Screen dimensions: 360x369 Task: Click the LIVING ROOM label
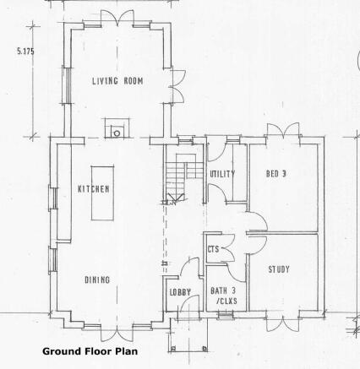(117, 81)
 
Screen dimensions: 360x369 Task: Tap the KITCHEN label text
(94, 189)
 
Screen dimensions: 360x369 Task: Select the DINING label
(97, 279)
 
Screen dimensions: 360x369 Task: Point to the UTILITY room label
(222, 174)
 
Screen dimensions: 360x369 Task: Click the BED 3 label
(276, 174)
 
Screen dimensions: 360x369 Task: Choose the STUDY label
(279, 269)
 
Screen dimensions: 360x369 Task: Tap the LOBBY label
(180, 292)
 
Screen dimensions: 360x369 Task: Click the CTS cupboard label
(213, 249)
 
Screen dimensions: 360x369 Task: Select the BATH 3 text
(223, 290)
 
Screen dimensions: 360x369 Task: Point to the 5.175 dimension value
(25, 52)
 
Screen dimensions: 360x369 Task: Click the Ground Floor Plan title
(90, 351)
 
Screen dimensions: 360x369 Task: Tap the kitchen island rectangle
(102, 193)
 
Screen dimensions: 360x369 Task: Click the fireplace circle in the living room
(117, 133)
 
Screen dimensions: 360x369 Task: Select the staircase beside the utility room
(184, 177)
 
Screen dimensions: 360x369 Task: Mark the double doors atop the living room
(117, 19)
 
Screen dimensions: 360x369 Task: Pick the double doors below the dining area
(117, 334)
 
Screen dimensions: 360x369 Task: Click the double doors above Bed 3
(283, 130)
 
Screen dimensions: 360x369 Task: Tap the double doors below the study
(283, 323)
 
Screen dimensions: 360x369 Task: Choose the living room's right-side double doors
(178, 86)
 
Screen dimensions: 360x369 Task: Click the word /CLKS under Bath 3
(226, 301)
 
